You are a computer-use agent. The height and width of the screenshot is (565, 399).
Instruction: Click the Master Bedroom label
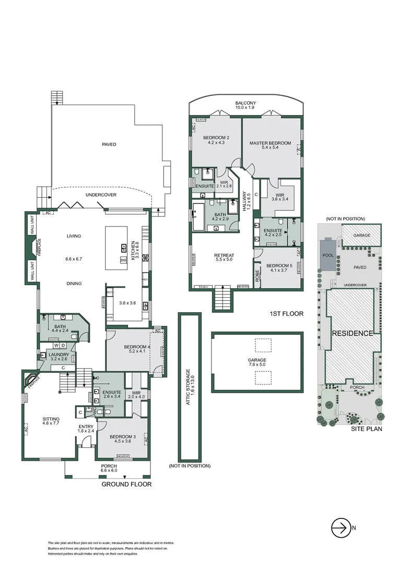pyautogui.click(x=270, y=143)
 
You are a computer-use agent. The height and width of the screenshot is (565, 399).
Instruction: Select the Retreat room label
pyautogui.click(x=224, y=256)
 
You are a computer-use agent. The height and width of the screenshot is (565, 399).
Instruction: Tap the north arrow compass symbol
pyautogui.click(x=339, y=528)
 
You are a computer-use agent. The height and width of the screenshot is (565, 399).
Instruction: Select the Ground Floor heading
pyautogui.click(x=126, y=484)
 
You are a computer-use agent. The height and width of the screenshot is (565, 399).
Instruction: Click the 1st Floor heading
pyautogui.click(x=286, y=314)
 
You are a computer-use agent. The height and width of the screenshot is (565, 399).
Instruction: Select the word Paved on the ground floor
pyautogui.click(x=109, y=144)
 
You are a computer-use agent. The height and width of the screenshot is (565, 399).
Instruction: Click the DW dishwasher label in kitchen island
pyautogui.click(x=123, y=260)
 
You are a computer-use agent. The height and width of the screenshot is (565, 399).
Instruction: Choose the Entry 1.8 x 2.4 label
pyautogui.click(x=86, y=429)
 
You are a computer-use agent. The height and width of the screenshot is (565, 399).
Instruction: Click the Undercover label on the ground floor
pyautogui.click(x=101, y=195)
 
